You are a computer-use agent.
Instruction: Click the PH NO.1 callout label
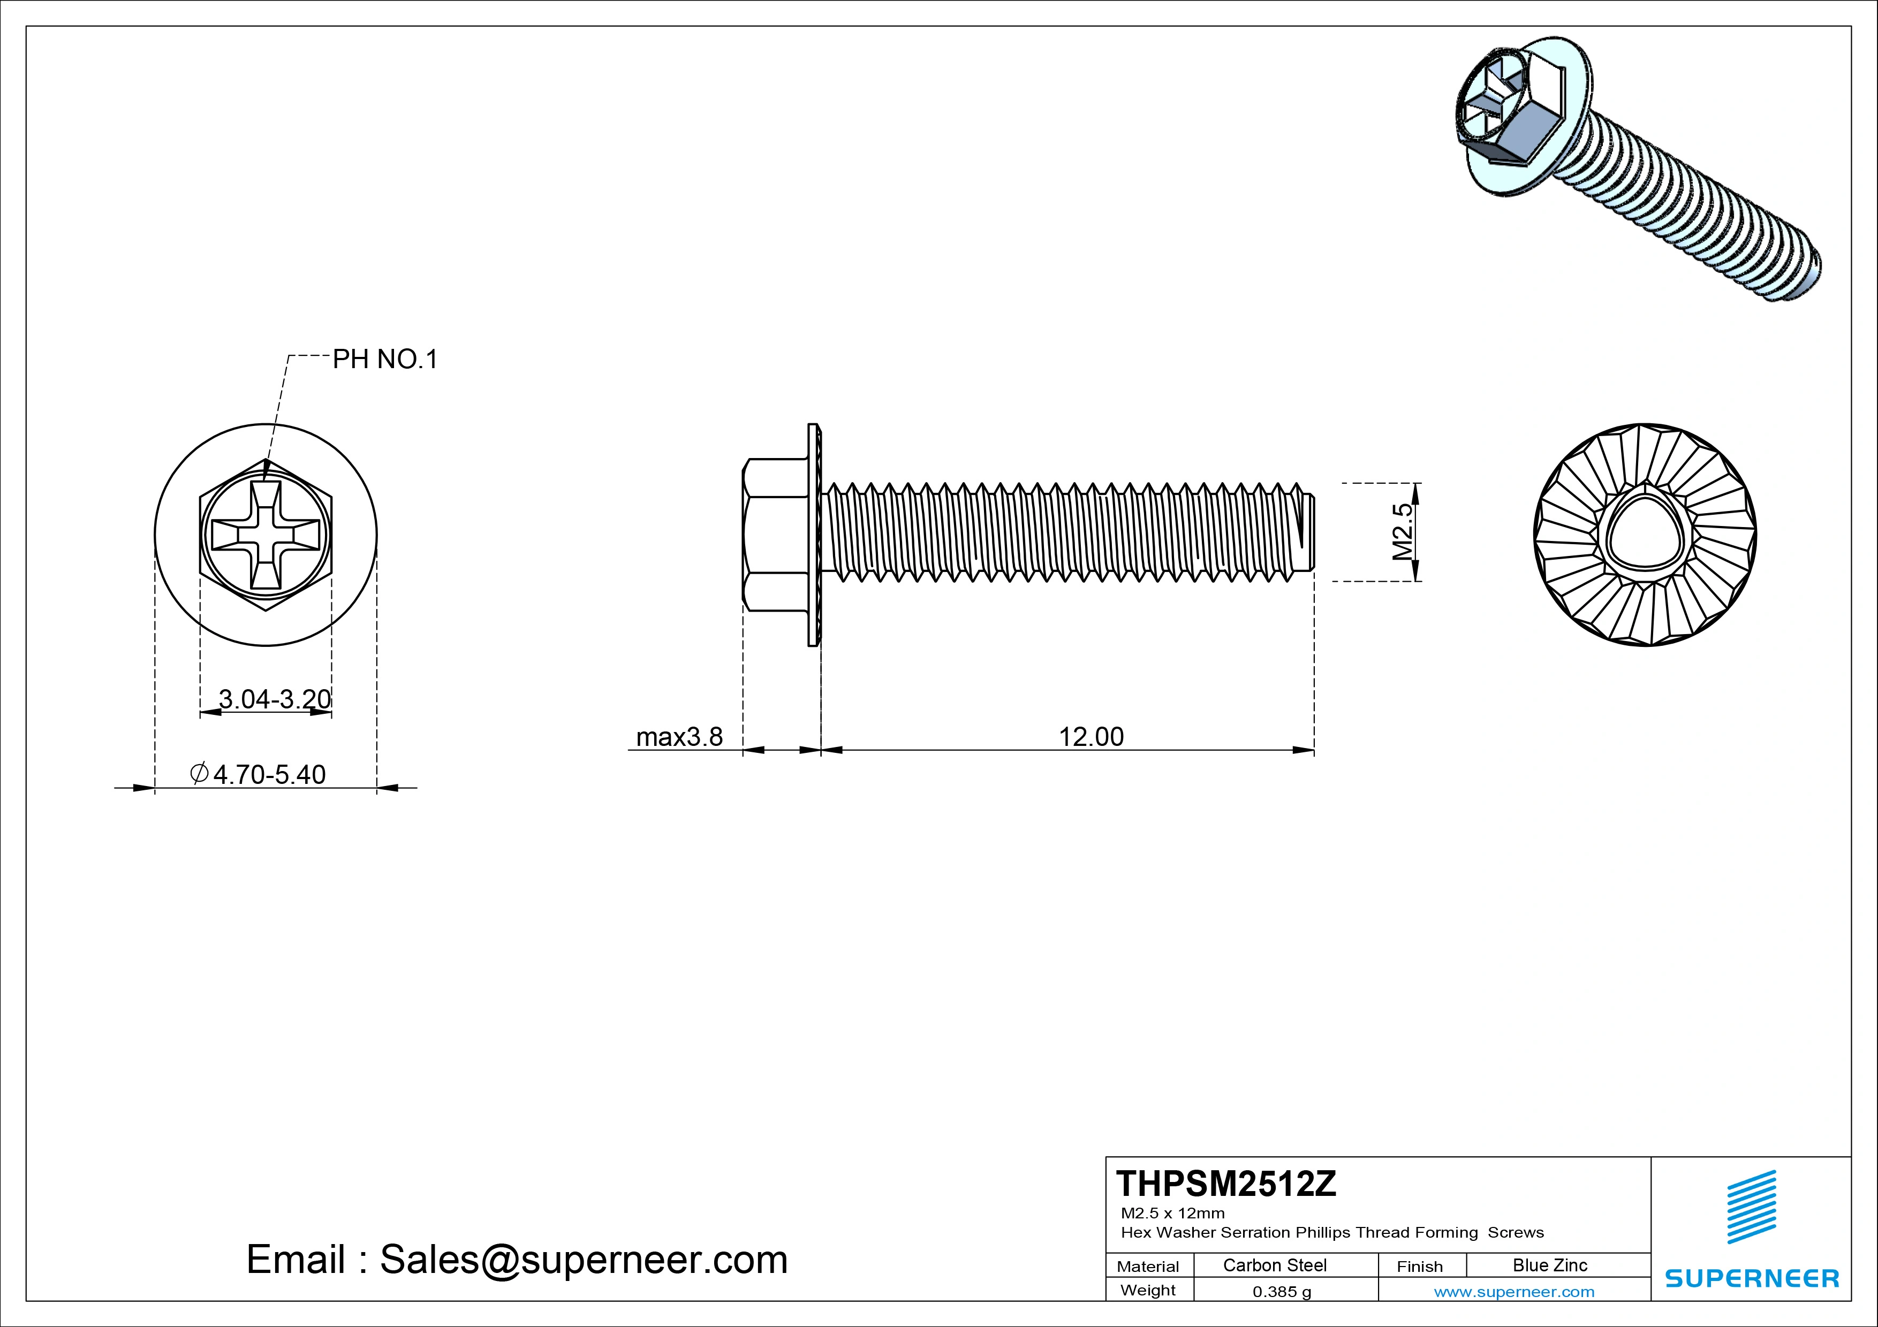(384, 359)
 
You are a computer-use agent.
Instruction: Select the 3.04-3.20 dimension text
(275, 699)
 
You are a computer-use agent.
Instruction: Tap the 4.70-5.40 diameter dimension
(268, 774)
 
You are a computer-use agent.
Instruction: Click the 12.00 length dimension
(1091, 737)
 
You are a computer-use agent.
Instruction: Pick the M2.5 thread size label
(1403, 531)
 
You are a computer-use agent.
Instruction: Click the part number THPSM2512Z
(1226, 1184)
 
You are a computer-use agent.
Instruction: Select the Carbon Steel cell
(1274, 1265)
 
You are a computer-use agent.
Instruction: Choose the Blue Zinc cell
(1549, 1265)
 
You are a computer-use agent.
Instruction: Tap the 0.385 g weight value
(1282, 1292)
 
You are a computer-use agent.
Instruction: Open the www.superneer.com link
(1514, 1292)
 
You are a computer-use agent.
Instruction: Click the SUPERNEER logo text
(1751, 1278)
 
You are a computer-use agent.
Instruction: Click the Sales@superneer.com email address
(583, 1260)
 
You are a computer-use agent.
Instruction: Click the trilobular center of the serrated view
(1644, 536)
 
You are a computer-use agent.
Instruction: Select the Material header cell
(1148, 1267)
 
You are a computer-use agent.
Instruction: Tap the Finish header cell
(1419, 1267)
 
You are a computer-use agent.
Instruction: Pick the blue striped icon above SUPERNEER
(1751, 1207)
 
